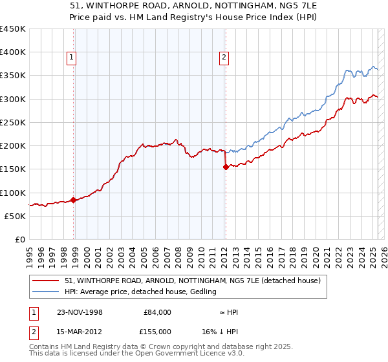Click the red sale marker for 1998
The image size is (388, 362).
coord(73,200)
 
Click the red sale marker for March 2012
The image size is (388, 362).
coord(226,167)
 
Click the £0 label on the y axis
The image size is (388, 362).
coord(20,239)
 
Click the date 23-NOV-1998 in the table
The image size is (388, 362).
coord(81,312)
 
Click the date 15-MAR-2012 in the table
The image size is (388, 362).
coord(81,331)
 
